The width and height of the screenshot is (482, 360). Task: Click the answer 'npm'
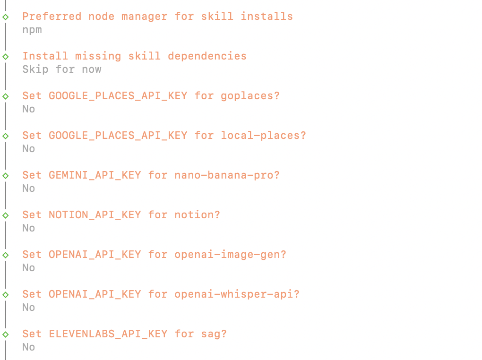[x=32, y=30]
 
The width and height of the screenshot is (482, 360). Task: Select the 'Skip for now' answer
[x=62, y=69]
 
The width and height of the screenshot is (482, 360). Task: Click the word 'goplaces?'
[x=250, y=96]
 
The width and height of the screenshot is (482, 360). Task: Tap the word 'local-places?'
[x=263, y=136]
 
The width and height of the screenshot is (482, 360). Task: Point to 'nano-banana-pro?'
[x=227, y=175]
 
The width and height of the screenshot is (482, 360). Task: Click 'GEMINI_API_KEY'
[x=95, y=175]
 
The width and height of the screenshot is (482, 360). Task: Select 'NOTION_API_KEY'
[x=95, y=215]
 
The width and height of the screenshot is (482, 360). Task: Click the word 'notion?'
[x=198, y=215]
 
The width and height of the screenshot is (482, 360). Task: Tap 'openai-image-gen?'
[x=230, y=255]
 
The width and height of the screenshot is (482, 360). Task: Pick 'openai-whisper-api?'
[x=237, y=294]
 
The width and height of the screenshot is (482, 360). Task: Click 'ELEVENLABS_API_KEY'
[x=108, y=334]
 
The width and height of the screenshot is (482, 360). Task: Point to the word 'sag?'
[x=214, y=334]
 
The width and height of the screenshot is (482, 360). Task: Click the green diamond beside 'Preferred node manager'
[x=6, y=17]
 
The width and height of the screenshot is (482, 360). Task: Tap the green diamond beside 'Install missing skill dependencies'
[x=6, y=57]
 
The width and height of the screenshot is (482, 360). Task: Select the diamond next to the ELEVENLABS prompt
[x=6, y=334]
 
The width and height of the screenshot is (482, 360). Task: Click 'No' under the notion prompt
[x=28, y=228]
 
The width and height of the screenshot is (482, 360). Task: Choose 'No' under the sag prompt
[x=28, y=347]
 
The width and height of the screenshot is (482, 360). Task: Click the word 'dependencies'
[x=207, y=56]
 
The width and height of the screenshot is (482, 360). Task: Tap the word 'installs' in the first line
[x=267, y=16]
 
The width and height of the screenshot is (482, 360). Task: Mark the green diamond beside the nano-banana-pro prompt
[x=6, y=176]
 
